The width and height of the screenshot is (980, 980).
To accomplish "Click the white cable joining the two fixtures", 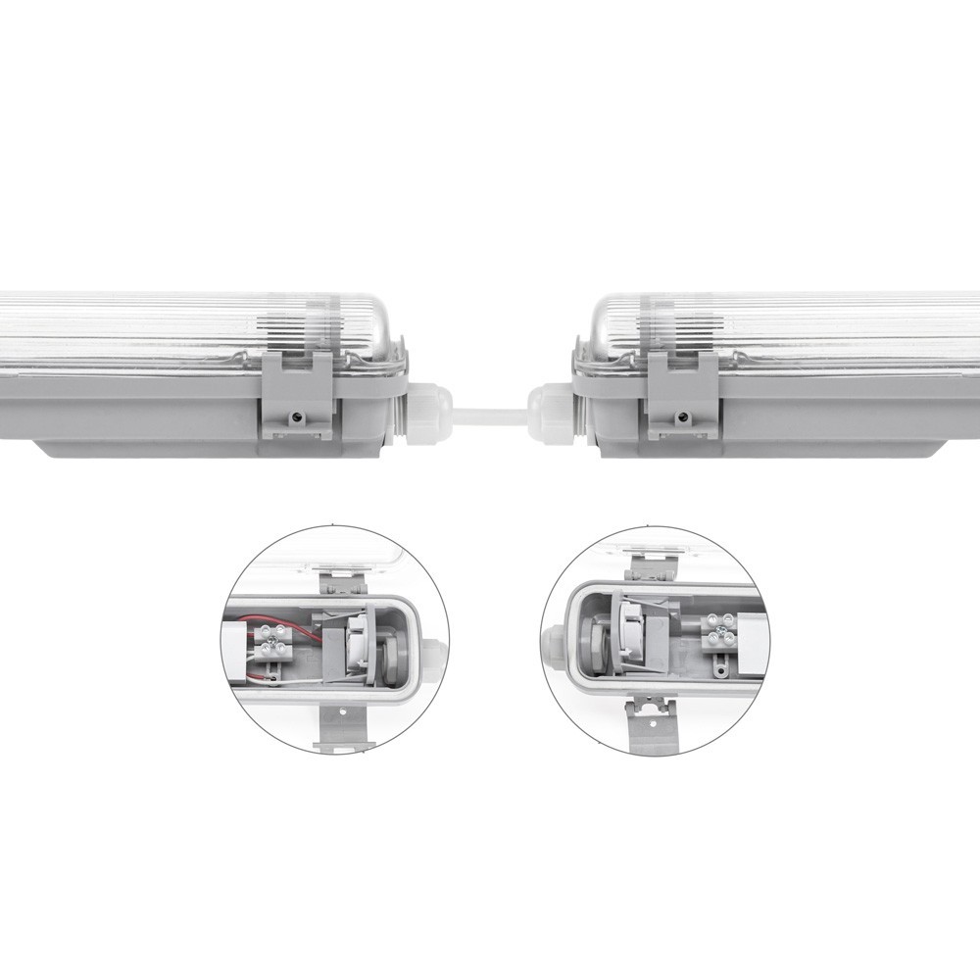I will point(490,414).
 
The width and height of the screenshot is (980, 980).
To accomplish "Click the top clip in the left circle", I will point(343,579).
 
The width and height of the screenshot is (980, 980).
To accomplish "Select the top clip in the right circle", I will point(648,566).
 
